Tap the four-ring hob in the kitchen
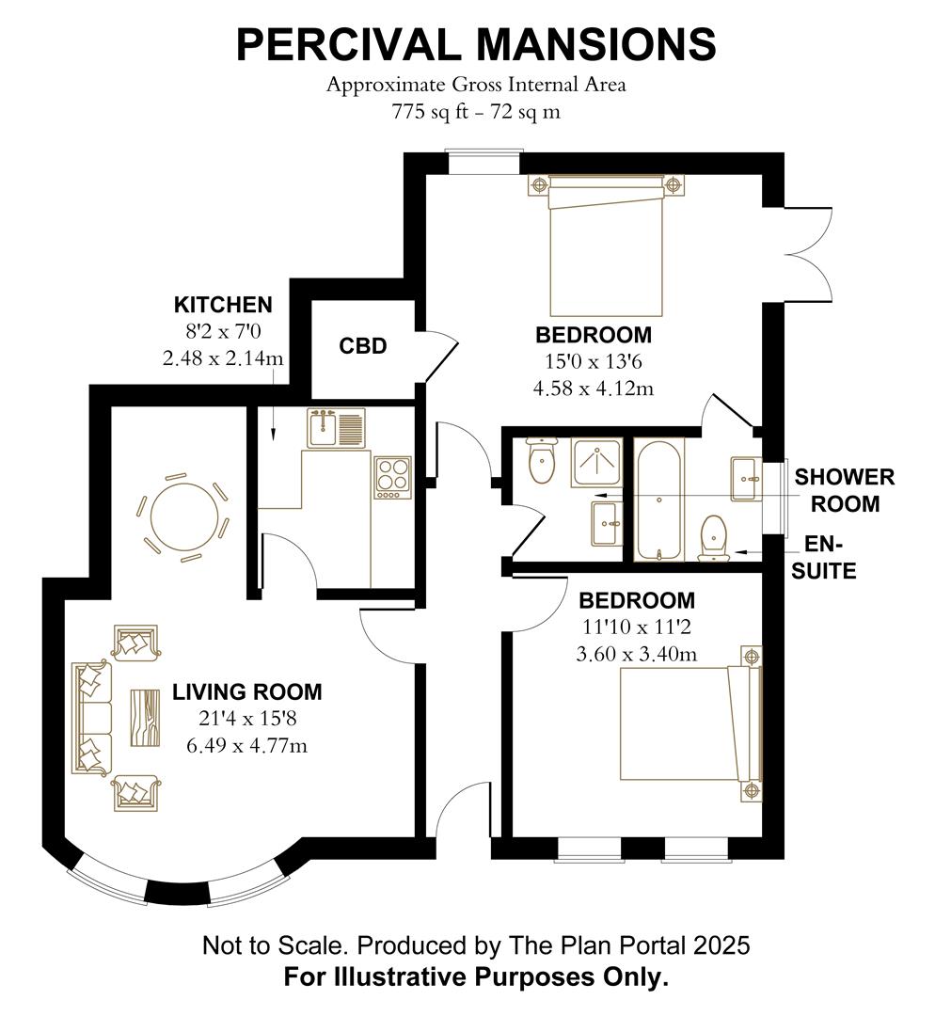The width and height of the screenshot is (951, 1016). (391, 476)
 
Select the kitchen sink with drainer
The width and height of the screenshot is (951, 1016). (335, 428)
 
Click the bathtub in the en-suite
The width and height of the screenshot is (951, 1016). (658, 499)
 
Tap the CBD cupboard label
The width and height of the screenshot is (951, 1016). (362, 346)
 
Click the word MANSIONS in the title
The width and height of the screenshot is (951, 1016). (595, 44)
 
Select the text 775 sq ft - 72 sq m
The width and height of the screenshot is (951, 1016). (475, 111)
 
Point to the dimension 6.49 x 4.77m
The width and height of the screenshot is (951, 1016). (247, 746)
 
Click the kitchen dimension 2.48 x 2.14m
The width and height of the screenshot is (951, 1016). (223, 358)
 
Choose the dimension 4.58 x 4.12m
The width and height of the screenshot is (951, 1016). (594, 388)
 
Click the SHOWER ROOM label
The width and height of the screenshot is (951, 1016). (844, 490)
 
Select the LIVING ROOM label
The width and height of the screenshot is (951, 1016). (246, 692)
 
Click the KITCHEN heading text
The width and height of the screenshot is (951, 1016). (223, 305)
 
